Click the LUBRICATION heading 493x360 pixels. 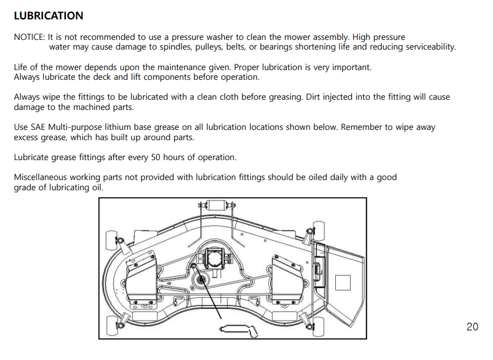(x=48, y=16)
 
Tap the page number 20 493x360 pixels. (x=473, y=327)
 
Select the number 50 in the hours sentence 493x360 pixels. (x=155, y=157)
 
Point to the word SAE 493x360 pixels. (x=38, y=127)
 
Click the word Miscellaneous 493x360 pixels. (x=40, y=177)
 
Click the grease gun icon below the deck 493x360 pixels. (x=239, y=331)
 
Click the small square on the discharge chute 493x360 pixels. (x=343, y=283)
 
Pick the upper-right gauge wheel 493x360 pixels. (x=318, y=231)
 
